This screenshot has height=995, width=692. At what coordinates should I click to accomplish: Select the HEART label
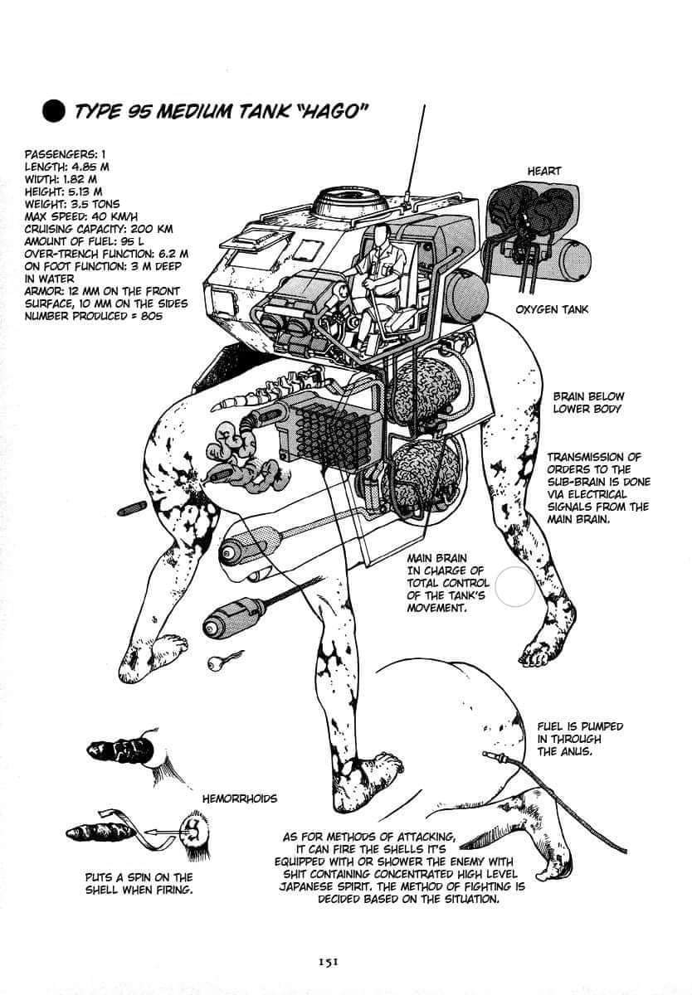[544, 171]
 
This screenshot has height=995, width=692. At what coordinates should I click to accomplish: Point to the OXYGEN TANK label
[552, 309]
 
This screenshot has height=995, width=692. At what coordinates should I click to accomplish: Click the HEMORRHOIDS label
[240, 798]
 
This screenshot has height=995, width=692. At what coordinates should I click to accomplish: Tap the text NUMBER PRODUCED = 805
[92, 316]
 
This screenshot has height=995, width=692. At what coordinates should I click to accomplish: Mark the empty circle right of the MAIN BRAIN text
[514, 585]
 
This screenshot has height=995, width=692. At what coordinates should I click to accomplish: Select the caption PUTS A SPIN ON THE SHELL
[139, 884]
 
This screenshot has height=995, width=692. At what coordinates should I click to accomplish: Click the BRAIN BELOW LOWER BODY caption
[588, 403]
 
